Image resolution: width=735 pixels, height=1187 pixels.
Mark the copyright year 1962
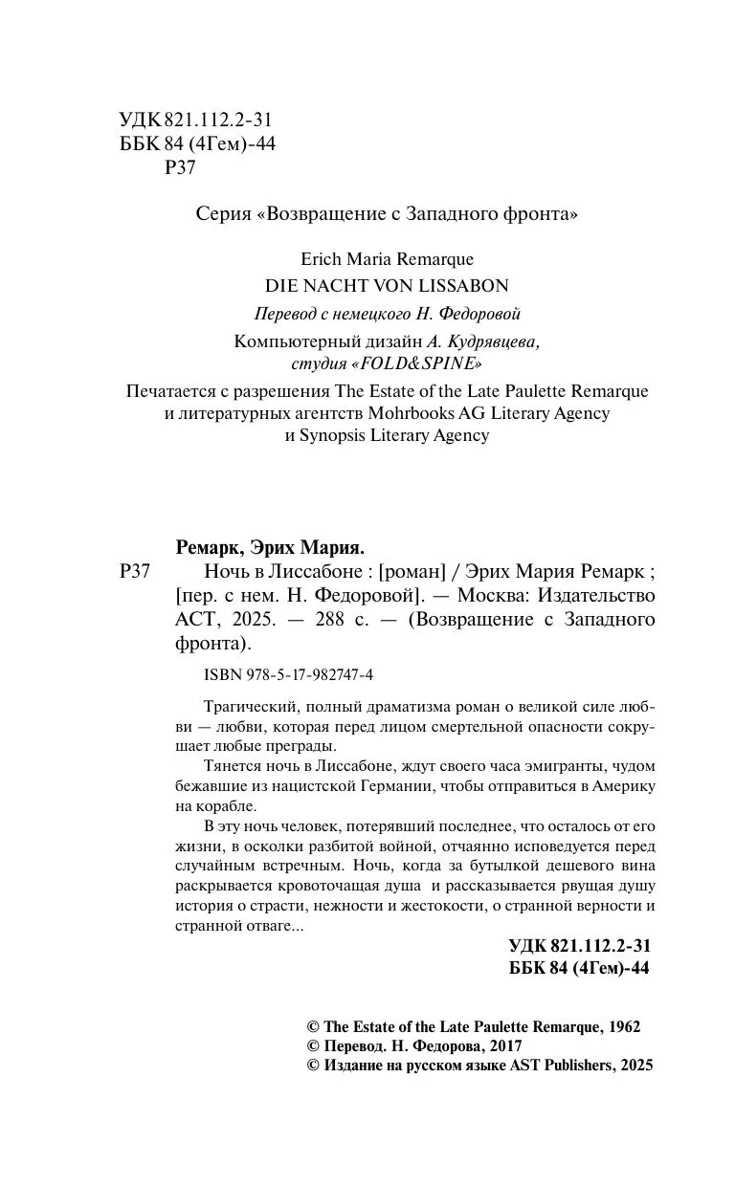pos(623,1027)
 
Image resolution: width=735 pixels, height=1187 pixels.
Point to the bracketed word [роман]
pos(412,572)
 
